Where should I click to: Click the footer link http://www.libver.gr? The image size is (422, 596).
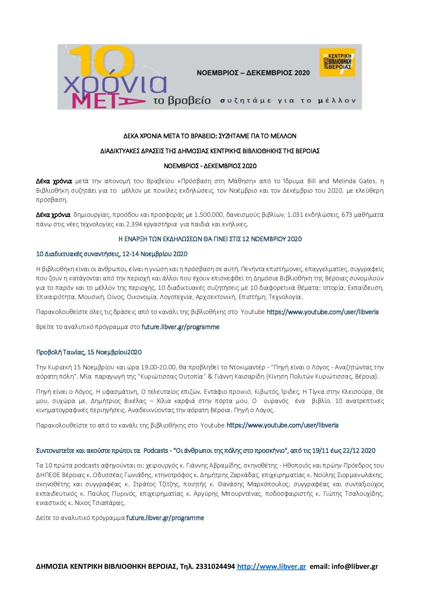[271, 566]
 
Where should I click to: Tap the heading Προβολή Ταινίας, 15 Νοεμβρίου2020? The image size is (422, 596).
[89, 352]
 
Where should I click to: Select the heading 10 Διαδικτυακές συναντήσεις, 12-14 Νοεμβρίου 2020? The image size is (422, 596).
[112, 254]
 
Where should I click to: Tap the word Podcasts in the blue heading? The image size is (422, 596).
[156, 451]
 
